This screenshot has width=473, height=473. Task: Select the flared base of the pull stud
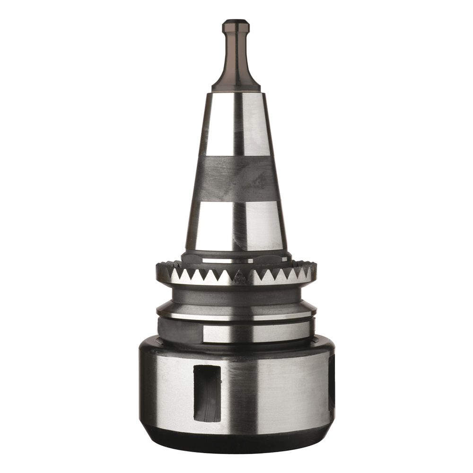tap(236, 83)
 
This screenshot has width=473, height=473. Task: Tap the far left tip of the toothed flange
tap(158, 271)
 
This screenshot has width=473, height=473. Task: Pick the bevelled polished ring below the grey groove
tap(236, 313)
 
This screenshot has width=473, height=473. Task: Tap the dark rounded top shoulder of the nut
tap(236, 348)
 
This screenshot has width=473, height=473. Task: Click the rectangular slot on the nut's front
tap(207, 393)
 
